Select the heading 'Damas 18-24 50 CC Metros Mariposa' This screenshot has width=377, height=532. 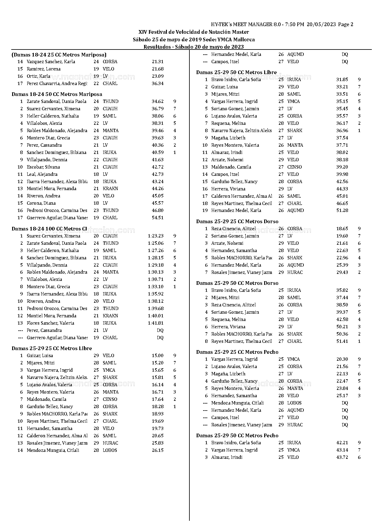coord(57,94)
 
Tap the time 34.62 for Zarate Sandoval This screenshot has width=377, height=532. coord(157,101)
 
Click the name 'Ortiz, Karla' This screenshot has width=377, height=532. coord(38,76)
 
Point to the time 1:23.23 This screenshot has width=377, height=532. coord(156,236)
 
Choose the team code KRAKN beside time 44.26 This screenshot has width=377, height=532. coord(110,189)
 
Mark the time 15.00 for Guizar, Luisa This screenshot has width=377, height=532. coord(157,356)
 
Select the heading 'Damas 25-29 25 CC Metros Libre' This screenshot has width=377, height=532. coord(52,348)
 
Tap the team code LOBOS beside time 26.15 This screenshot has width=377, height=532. coord(110,450)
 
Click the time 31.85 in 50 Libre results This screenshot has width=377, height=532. coord(342,80)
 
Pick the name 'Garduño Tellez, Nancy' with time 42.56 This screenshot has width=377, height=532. coord(234,182)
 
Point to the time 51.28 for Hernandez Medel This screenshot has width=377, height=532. coord(342,210)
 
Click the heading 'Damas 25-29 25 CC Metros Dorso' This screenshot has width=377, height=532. coord(237,221)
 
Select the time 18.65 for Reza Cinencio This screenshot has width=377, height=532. coord(342,229)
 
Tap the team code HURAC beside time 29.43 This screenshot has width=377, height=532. coord(295,272)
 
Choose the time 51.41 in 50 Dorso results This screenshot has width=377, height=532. coord(342,341)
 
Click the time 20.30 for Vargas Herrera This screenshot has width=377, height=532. coord(342,359)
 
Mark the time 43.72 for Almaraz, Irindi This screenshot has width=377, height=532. coord(342,457)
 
